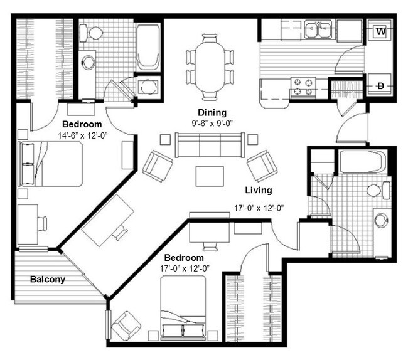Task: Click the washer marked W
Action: tap(380, 32)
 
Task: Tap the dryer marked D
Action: tap(380, 85)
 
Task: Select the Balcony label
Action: tap(48, 280)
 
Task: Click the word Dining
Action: tap(212, 113)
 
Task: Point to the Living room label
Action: tap(259, 190)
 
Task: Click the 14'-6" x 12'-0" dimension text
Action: tap(82, 135)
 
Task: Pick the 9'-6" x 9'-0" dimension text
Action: tap(212, 123)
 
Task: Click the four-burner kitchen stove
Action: tap(303, 88)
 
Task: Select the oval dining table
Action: tap(210, 67)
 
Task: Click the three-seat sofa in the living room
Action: tap(210, 145)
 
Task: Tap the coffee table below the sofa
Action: tap(210, 176)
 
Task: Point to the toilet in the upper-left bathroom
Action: tap(91, 33)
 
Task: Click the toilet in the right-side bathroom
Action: tap(379, 190)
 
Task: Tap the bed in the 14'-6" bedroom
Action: tap(50, 164)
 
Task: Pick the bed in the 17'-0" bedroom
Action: tap(183, 308)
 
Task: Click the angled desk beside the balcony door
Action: tap(108, 220)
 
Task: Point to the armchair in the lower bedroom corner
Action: tap(126, 326)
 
